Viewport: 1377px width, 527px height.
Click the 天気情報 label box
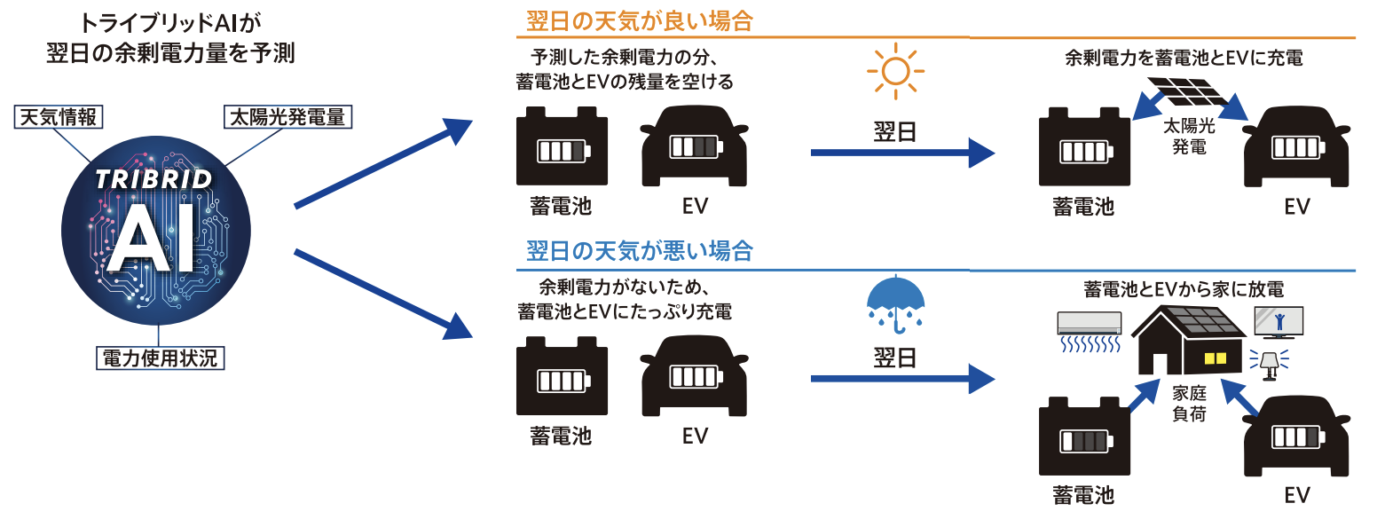[58, 116]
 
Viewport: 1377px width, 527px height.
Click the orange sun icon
[896, 70]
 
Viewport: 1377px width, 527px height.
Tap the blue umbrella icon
[894, 302]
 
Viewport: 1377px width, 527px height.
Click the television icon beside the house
[1278, 321]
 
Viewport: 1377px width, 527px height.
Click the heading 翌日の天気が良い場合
[639, 21]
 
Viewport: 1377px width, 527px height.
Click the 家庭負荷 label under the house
[1188, 403]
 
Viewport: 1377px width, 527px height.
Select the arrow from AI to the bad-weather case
[382, 295]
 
